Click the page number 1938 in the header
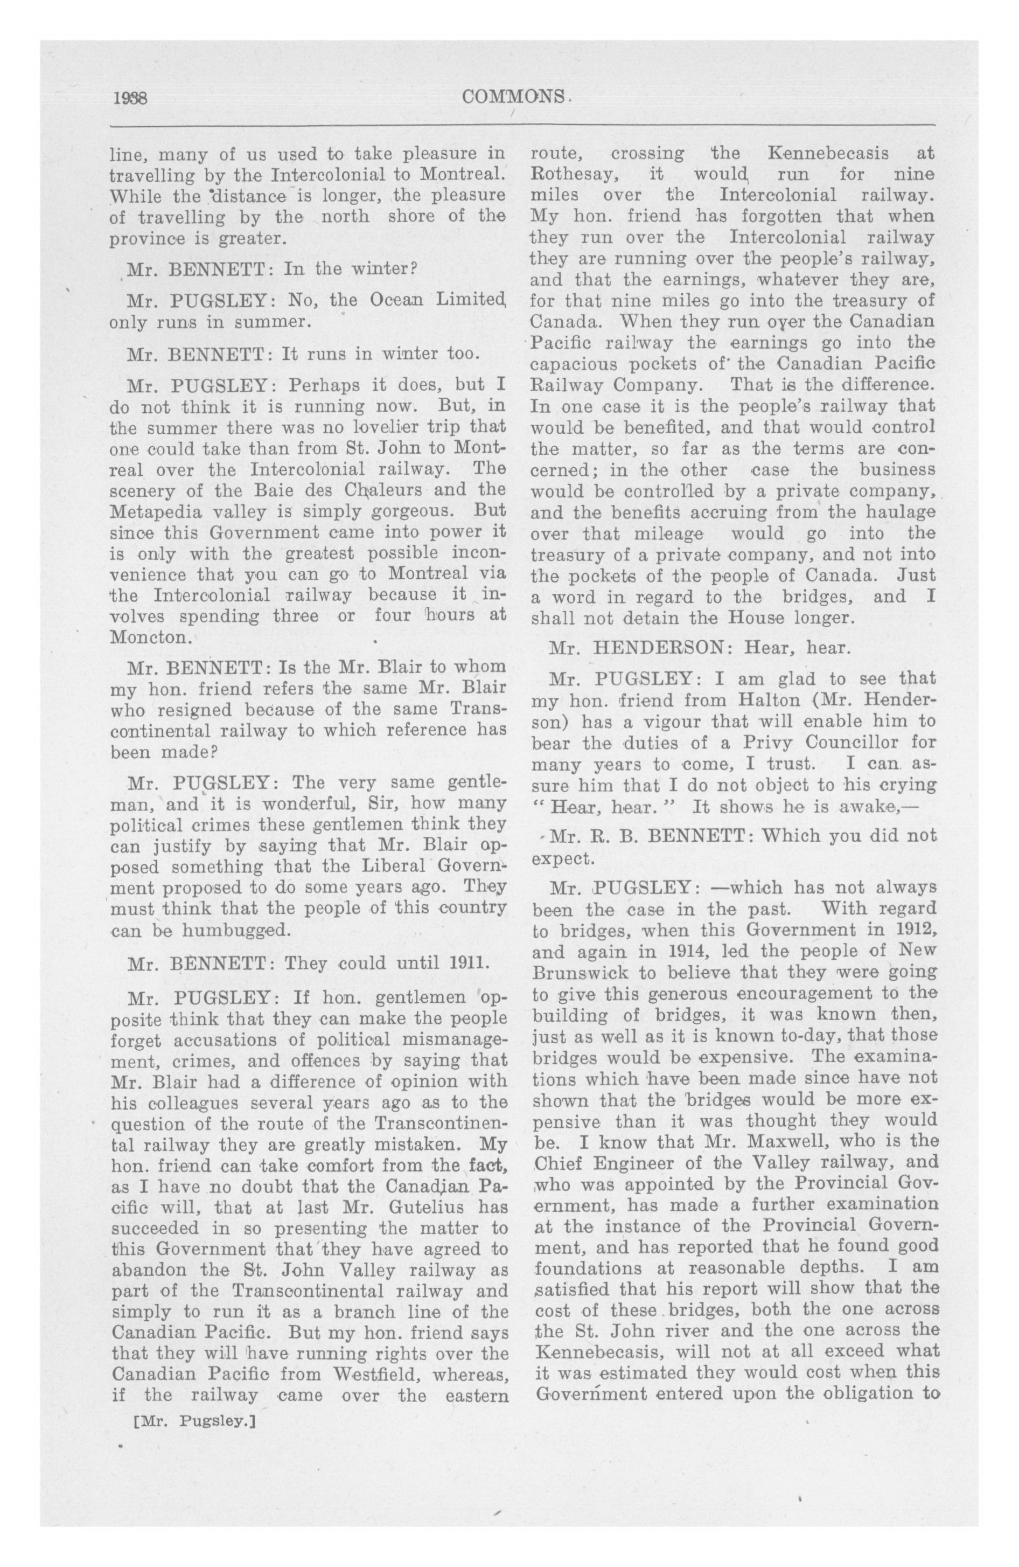coord(130,98)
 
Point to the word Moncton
coord(151,637)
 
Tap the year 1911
coord(467,963)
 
